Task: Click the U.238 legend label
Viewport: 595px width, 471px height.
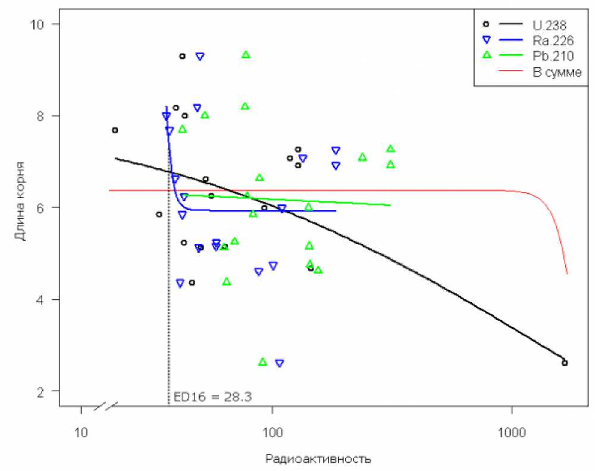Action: [x=549, y=25]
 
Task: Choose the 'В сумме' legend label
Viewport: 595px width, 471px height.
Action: [x=552, y=72]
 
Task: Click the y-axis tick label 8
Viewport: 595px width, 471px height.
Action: [x=45, y=115]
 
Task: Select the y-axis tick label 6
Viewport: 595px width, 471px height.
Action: [x=45, y=208]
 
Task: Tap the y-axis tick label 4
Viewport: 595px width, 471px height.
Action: [x=45, y=299]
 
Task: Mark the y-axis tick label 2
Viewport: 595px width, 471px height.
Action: [x=45, y=391]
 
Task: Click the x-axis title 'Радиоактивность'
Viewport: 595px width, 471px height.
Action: [x=318, y=459]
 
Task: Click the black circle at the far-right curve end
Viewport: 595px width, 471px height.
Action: [x=565, y=363]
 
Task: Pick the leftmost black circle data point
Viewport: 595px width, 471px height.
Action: [x=115, y=130]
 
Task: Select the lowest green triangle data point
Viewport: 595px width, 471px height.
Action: [x=262, y=362]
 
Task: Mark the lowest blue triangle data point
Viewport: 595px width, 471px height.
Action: [x=280, y=363]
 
